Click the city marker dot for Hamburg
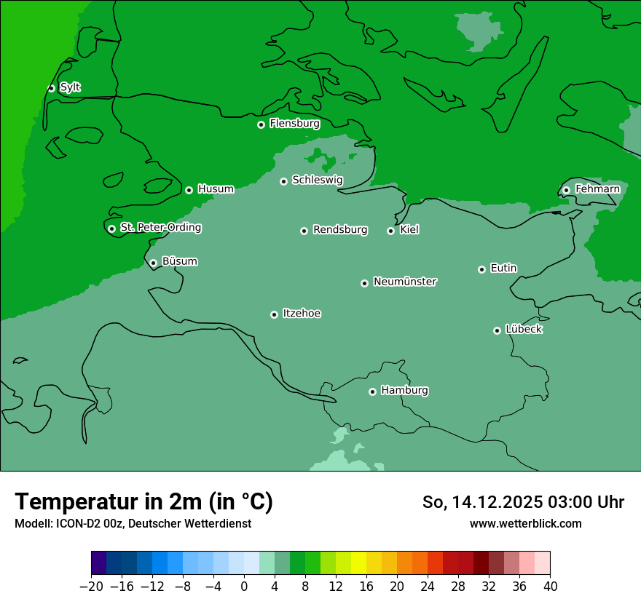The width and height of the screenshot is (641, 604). click(x=372, y=392)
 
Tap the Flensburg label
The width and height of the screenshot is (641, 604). click(x=294, y=124)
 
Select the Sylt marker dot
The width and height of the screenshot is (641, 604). click(x=51, y=88)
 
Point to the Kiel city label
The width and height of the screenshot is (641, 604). click(x=409, y=230)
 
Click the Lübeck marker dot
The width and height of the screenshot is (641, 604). click(x=497, y=330)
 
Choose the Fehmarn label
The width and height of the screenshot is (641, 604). click(x=597, y=189)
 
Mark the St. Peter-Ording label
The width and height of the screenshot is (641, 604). click(x=160, y=228)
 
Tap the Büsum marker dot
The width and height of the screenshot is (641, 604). click(x=153, y=263)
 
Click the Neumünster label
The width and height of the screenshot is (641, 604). click(x=405, y=282)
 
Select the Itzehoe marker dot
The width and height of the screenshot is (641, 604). click(x=274, y=315)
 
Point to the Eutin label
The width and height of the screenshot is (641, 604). click(x=503, y=269)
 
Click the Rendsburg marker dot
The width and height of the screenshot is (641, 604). click(x=304, y=231)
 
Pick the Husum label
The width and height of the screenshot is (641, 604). click(x=216, y=189)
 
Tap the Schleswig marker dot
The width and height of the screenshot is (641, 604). click(x=283, y=181)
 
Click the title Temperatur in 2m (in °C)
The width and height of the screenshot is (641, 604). click(x=143, y=501)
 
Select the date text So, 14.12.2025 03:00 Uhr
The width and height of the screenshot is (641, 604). click(x=523, y=502)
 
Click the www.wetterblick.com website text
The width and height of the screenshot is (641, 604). click(x=525, y=523)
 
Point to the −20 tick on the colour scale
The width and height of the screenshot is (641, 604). click(x=92, y=587)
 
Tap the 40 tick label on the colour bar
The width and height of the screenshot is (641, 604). click(x=550, y=587)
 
